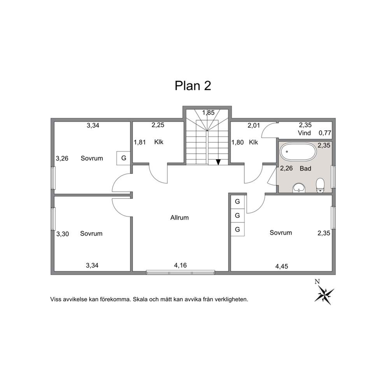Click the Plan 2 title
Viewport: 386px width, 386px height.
point(193,86)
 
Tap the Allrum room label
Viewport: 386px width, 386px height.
point(179,218)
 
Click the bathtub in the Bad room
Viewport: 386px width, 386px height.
point(298,151)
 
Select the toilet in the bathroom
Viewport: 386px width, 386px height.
point(320,185)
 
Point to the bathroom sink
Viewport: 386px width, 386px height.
point(299,188)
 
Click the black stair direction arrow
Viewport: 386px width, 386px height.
point(218,162)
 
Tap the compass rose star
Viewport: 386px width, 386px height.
point(324,295)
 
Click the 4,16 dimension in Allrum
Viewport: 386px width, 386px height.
point(181,265)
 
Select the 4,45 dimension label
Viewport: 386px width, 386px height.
point(282,267)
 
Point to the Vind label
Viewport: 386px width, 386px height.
point(305,133)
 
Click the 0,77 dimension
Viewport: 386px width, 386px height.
point(325,133)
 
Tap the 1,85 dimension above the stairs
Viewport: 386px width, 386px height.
point(209,113)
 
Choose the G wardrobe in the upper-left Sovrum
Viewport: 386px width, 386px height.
point(124,158)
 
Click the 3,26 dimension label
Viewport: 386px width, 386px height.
point(62,158)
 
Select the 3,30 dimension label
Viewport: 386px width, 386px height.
point(63,234)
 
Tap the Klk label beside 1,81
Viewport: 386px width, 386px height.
point(159,142)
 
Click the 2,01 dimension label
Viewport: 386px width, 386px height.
point(254,126)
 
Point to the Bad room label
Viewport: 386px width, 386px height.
point(305,168)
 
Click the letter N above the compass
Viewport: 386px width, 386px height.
point(317,281)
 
